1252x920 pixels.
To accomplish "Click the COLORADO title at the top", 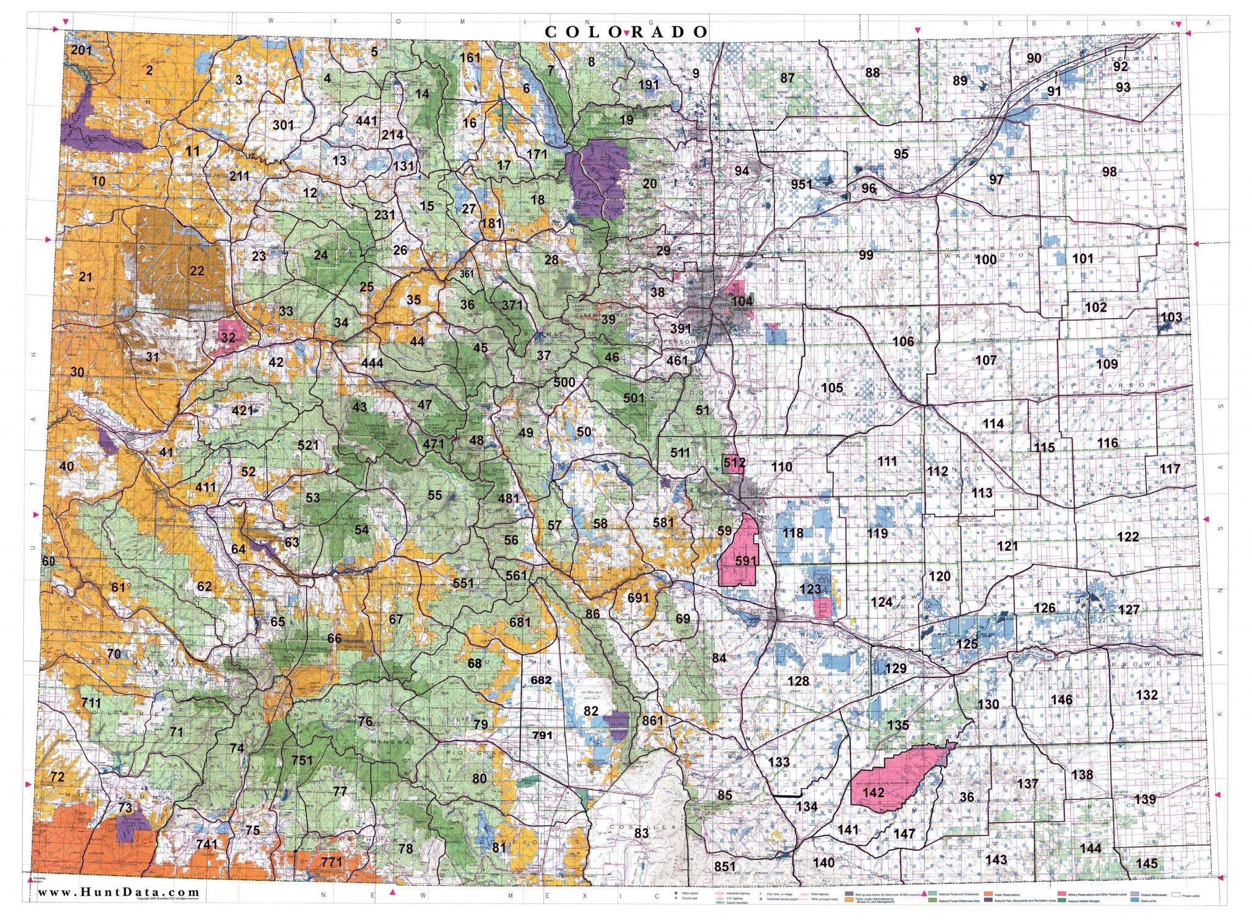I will (x=626, y=32).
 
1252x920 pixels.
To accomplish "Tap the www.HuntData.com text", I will (x=119, y=892).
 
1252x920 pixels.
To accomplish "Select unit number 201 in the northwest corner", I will (x=81, y=50).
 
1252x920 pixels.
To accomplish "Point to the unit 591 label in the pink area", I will (x=746, y=560).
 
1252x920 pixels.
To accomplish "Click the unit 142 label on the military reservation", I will (x=873, y=792).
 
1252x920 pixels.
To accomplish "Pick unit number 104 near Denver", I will (x=742, y=301).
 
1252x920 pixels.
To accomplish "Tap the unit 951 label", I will (x=801, y=184).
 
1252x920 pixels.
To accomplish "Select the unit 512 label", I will (x=734, y=463).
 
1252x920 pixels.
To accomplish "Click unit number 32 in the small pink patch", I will (x=228, y=337).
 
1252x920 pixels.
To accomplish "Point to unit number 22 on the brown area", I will (x=196, y=270).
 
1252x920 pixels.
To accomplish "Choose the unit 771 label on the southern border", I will (x=331, y=862).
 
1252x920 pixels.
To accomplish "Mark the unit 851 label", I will (x=725, y=866).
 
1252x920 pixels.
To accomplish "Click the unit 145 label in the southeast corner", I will (x=1147, y=863).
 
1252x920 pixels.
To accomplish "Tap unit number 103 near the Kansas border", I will (x=1171, y=317).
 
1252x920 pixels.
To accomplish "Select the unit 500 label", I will (x=564, y=382).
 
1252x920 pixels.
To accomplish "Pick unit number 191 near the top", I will (x=649, y=85).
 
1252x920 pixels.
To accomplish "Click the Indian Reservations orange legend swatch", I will (x=989, y=894).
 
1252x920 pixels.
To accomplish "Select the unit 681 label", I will (x=520, y=622).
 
